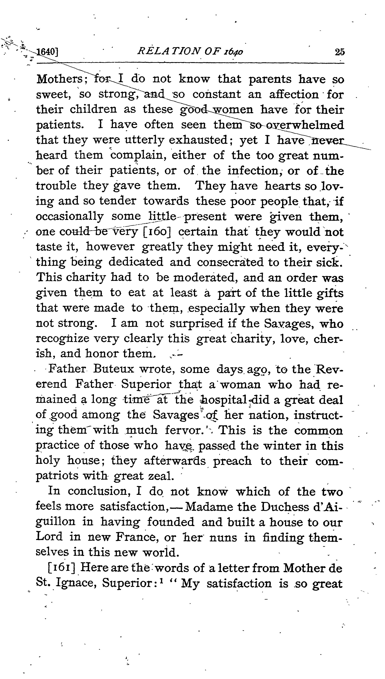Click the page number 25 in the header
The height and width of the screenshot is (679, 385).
click(340, 52)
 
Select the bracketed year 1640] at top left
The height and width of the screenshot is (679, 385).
click(47, 52)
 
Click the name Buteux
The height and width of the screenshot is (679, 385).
click(114, 369)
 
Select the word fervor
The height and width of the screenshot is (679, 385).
click(184, 430)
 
